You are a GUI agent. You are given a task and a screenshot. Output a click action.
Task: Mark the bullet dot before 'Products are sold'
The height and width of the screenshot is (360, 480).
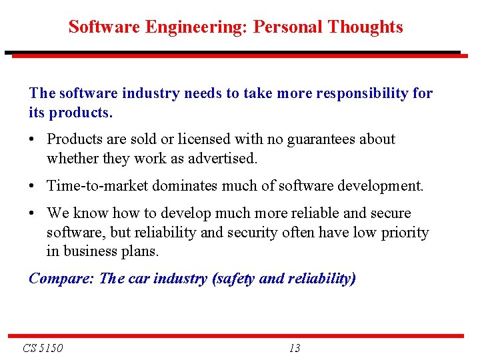tap(33, 140)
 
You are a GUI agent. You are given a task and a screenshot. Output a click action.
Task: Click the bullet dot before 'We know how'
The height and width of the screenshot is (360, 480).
tap(33, 214)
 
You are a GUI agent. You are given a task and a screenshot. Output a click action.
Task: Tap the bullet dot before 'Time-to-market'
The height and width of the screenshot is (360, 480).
tap(33, 187)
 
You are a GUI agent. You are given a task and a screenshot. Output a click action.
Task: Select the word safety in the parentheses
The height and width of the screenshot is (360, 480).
tap(235, 279)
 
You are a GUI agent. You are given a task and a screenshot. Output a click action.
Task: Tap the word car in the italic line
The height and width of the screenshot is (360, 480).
tap(138, 279)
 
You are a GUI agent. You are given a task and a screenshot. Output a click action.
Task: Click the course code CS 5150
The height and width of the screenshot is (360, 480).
tap(43, 348)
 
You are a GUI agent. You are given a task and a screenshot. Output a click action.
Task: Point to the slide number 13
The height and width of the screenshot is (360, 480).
tap(295, 348)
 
